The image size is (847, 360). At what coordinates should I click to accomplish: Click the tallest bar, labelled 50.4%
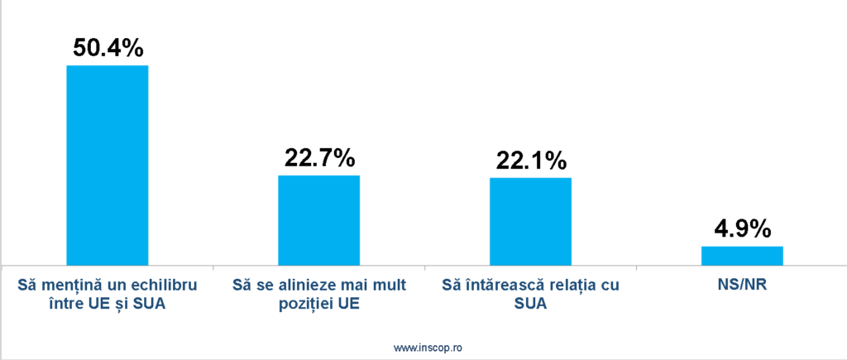pyautogui.click(x=107, y=165)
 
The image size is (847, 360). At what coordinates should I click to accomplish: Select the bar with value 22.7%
pyautogui.click(x=318, y=220)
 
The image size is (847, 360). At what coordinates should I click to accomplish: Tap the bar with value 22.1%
pyautogui.click(x=530, y=221)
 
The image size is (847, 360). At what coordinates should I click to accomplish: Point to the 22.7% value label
pyautogui.click(x=319, y=157)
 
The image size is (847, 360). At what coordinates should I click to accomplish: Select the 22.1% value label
pyautogui.click(x=531, y=160)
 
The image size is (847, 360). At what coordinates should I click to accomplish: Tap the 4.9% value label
pyautogui.click(x=742, y=228)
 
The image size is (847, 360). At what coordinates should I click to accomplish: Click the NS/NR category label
pyautogui.click(x=742, y=286)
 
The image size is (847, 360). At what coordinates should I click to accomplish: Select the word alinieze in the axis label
pyautogui.click(x=305, y=286)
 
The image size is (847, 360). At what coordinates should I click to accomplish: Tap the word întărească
pyautogui.click(x=505, y=286)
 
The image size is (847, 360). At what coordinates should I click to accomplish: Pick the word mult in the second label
pyautogui.click(x=386, y=286)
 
